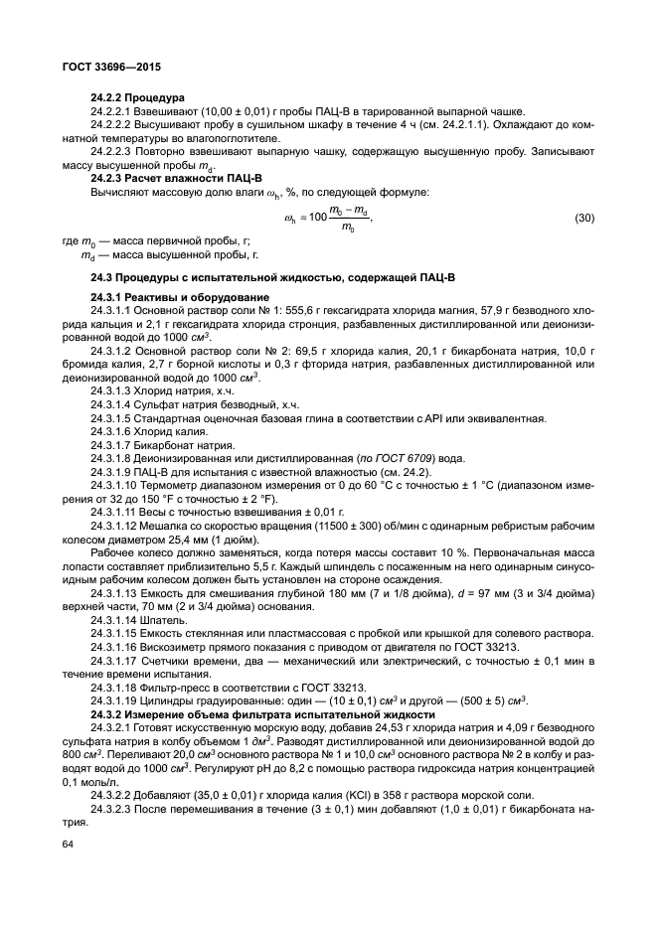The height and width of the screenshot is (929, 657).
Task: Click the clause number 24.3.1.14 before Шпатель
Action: (x=118, y=618)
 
